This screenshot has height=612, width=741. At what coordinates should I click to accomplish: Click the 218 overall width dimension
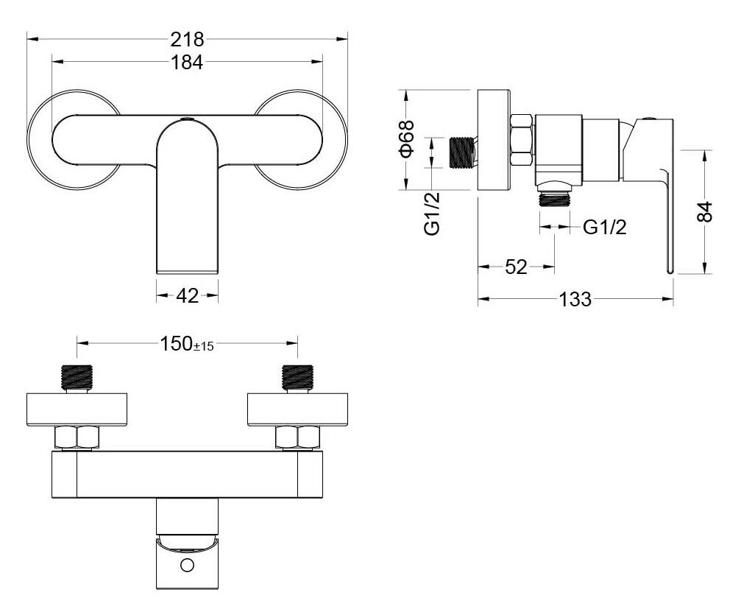click(x=187, y=39)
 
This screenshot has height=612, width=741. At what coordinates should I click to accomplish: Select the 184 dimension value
click(x=187, y=62)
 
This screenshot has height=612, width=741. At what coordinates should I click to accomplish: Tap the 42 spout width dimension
click(x=187, y=296)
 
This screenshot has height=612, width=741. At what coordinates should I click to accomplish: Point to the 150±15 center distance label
click(x=187, y=344)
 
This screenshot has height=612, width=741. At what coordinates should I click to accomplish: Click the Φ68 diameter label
click(x=407, y=138)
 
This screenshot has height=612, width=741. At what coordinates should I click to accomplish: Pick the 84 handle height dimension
click(x=704, y=211)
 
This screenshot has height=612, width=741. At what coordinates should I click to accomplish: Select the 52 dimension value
click(x=516, y=267)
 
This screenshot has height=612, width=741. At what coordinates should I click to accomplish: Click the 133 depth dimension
click(x=575, y=299)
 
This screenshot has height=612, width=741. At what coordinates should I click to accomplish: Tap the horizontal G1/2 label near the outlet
click(x=605, y=228)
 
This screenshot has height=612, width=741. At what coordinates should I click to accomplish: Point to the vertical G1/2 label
click(x=433, y=214)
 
